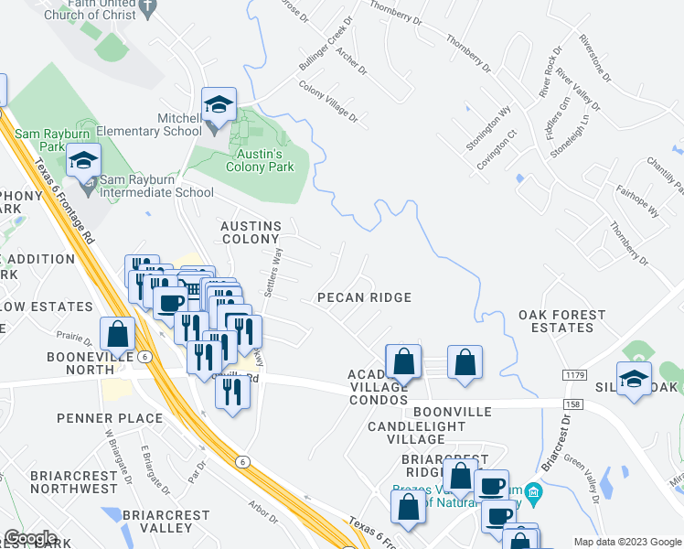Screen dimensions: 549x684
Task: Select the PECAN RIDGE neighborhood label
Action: click(364, 297)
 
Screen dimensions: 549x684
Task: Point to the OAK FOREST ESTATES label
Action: click(562, 321)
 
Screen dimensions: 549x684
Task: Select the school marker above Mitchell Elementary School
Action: click(219, 105)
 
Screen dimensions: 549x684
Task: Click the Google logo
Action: click(31, 539)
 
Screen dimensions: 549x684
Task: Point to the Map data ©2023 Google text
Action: click(626, 542)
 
